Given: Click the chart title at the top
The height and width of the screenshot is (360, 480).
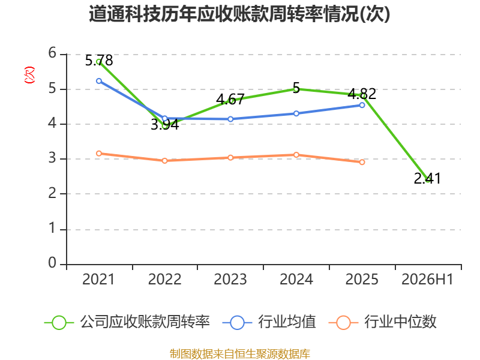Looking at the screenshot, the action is click(x=239, y=14).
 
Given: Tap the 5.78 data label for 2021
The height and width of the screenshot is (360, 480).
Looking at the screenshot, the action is click(x=99, y=61).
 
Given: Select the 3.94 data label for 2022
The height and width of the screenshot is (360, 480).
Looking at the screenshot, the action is click(x=164, y=125).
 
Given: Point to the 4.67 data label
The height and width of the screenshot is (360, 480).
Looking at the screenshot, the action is click(x=230, y=100).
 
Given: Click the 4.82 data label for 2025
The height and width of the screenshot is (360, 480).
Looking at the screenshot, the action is click(x=362, y=94).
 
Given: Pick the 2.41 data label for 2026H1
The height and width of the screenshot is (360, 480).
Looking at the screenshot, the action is click(x=427, y=178).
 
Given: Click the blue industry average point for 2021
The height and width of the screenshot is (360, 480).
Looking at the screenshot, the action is click(x=99, y=81).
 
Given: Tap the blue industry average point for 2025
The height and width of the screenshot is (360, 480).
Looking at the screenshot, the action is click(x=362, y=105).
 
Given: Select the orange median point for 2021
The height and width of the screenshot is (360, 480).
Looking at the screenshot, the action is click(x=99, y=154).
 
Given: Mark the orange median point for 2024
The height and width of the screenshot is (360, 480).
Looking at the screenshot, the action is click(x=296, y=155).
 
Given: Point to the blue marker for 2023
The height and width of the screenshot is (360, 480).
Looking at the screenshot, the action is click(x=230, y=119).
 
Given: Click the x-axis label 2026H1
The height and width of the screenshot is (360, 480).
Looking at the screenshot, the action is click(x=427, y=280).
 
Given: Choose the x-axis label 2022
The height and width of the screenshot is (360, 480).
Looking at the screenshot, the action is click(x=164, y=280).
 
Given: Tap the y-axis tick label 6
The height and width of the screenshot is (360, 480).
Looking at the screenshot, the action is click(x=52, y=53).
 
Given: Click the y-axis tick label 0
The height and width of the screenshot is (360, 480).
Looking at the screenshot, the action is click(x=52, y=263).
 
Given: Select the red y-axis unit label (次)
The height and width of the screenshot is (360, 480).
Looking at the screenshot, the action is click(x=29, y=75).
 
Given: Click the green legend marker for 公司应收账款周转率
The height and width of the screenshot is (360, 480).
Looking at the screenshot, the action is click(x=59, y=323).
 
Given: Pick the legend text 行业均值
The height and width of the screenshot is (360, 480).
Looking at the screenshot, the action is click(x=287, y=322).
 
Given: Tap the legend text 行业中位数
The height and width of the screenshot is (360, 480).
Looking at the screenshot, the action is click(x=400, y=322).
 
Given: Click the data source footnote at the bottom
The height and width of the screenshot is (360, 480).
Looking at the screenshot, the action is click(x=240, y=354).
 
